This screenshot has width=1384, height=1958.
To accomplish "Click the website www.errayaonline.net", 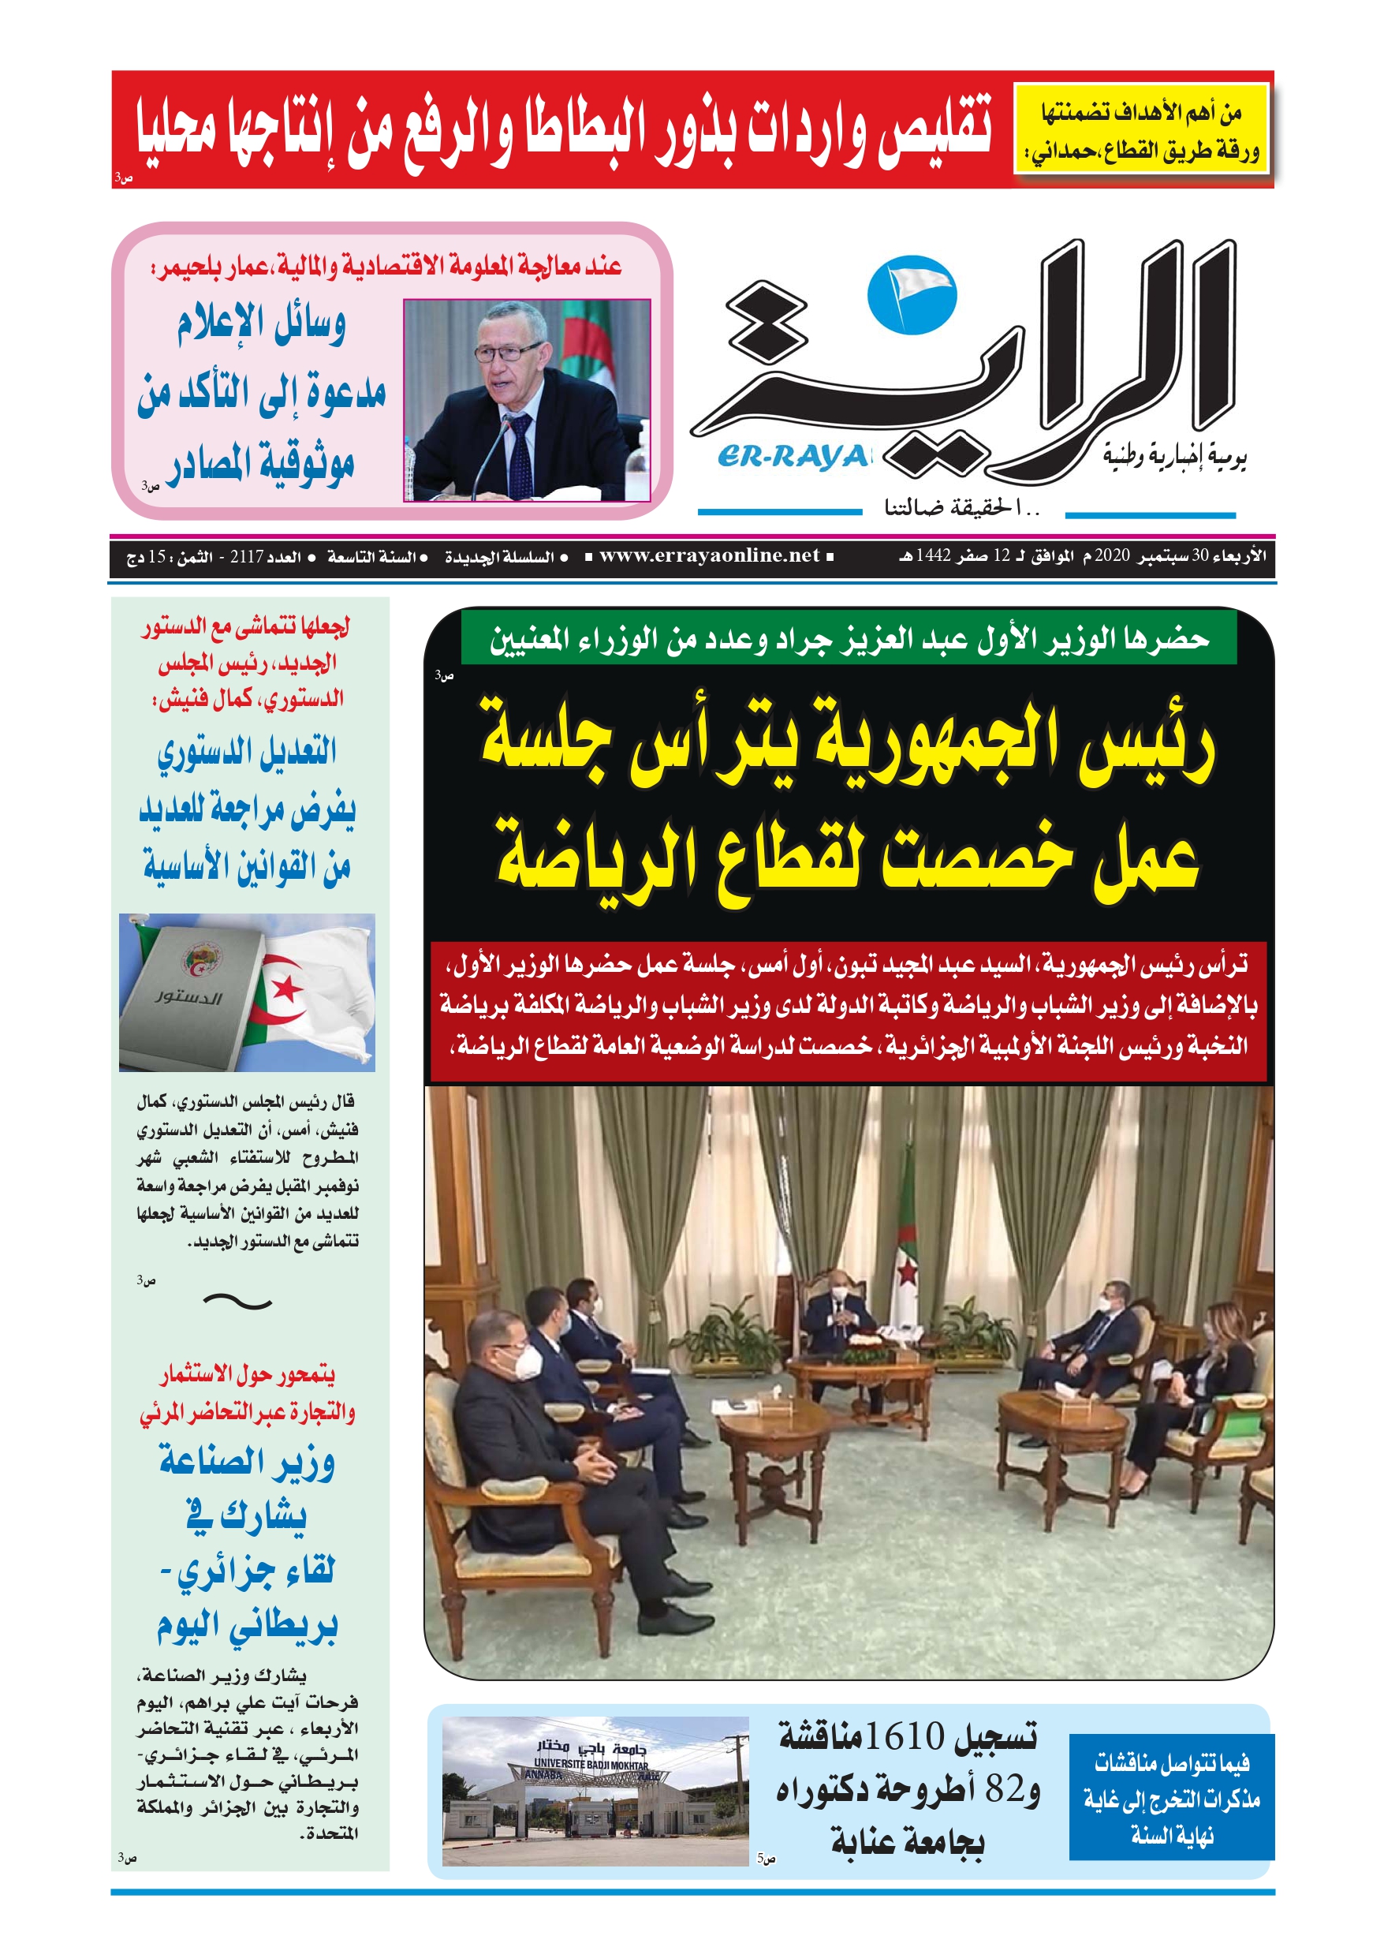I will coord(709,556).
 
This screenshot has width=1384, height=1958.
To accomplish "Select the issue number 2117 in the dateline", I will coord(247,557).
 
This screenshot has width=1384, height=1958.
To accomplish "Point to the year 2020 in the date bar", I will coord(1112,556).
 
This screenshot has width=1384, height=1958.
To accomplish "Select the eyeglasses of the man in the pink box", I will coord(506,350).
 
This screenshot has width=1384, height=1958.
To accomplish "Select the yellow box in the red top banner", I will coord(1141,129).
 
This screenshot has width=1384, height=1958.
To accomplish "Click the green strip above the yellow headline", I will coord(848,638).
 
